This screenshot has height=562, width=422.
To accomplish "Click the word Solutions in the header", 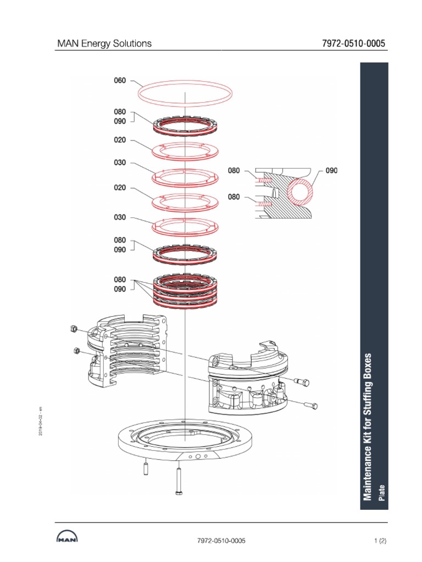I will (x=132, y=43).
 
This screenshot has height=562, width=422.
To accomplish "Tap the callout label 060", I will (x=120, y=81).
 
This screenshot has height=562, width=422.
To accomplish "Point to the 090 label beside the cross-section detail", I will (x=331, y=171).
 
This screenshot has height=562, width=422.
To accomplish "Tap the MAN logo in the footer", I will (x=66, y=539).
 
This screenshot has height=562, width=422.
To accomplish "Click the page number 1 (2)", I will (x=380, y=541).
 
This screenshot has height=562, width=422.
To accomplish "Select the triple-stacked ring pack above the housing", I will (x=185, y=291).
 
